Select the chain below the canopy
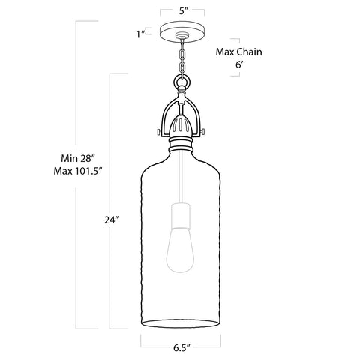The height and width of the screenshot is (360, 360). click(x=180, y=57)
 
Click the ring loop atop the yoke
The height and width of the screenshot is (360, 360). click(x=180, y=80)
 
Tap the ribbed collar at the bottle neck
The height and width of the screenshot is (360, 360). click(x=180, y=142)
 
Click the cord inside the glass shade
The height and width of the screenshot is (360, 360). click(x=180, y=180)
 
